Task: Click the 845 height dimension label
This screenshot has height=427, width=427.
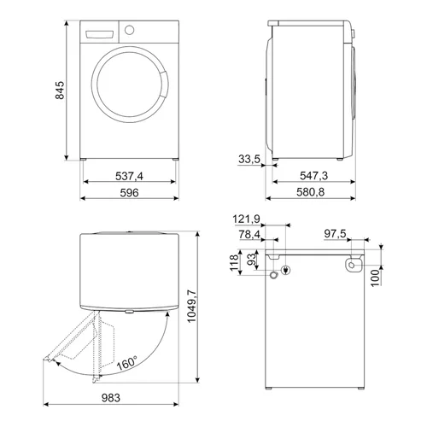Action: (x=60, y=91)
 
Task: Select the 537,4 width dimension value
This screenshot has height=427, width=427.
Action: (x=129, y=176)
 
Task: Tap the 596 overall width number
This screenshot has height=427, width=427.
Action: (x=129, y=193)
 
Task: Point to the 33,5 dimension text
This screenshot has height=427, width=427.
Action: (x=249, y=159)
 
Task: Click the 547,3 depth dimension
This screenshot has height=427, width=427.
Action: (x=314, y=176)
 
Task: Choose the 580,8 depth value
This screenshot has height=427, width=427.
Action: (x=310, y=192)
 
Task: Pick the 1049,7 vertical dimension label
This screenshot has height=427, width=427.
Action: (x=191, y=306)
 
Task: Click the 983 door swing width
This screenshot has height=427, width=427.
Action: (x=111, y=398)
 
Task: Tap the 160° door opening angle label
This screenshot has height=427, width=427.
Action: (x=127, y=363)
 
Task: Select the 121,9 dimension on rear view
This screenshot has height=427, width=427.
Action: (x=246, y=219)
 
